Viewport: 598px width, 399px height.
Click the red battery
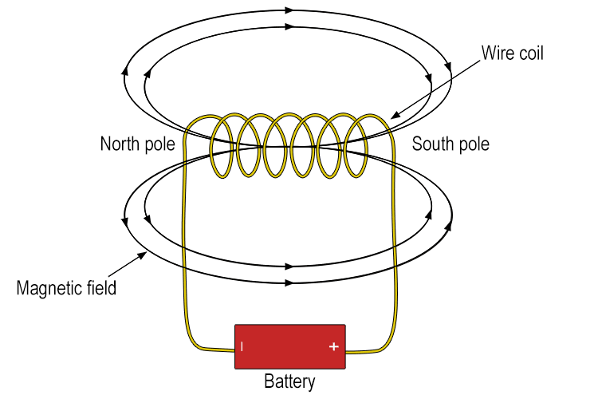click(x=290, y=346)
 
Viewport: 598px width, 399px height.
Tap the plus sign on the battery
click(x=333, y=347)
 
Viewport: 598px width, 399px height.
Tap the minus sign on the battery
click(x=242, y=347)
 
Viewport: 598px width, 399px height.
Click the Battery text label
click(x=290, y=381)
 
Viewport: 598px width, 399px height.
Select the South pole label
click(x=450, y=144)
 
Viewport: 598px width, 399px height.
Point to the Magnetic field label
click(x=66, y=287)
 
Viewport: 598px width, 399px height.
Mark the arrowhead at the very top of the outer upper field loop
click(x=289, y=10)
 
